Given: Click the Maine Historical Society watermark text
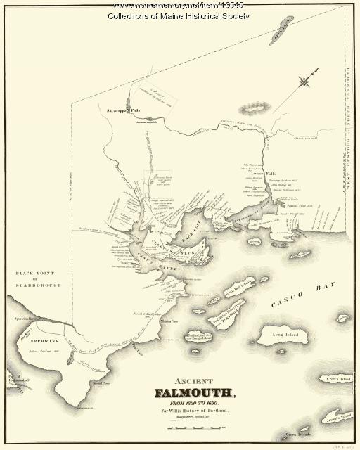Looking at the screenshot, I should (180, 16).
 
